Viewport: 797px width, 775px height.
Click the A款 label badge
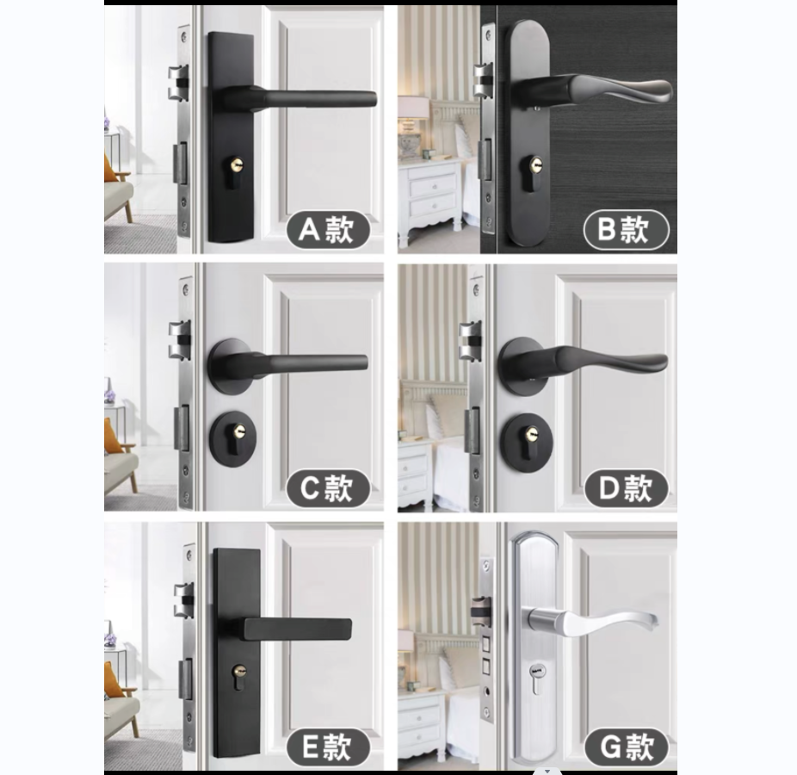pos(328,229)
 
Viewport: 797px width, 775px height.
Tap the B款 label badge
pos(626,229)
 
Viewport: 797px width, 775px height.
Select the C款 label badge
pos(328,488)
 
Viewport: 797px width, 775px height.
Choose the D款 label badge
pos(627,488)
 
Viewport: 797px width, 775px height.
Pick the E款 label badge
pos(328,747)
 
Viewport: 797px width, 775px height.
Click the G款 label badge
pos(627,747)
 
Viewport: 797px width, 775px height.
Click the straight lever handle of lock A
pos(300,99)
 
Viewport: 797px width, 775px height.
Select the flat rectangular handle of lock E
pos(298,629)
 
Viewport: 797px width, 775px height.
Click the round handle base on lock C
pos(230,365)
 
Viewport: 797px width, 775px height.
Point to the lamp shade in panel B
pos(414,107)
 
